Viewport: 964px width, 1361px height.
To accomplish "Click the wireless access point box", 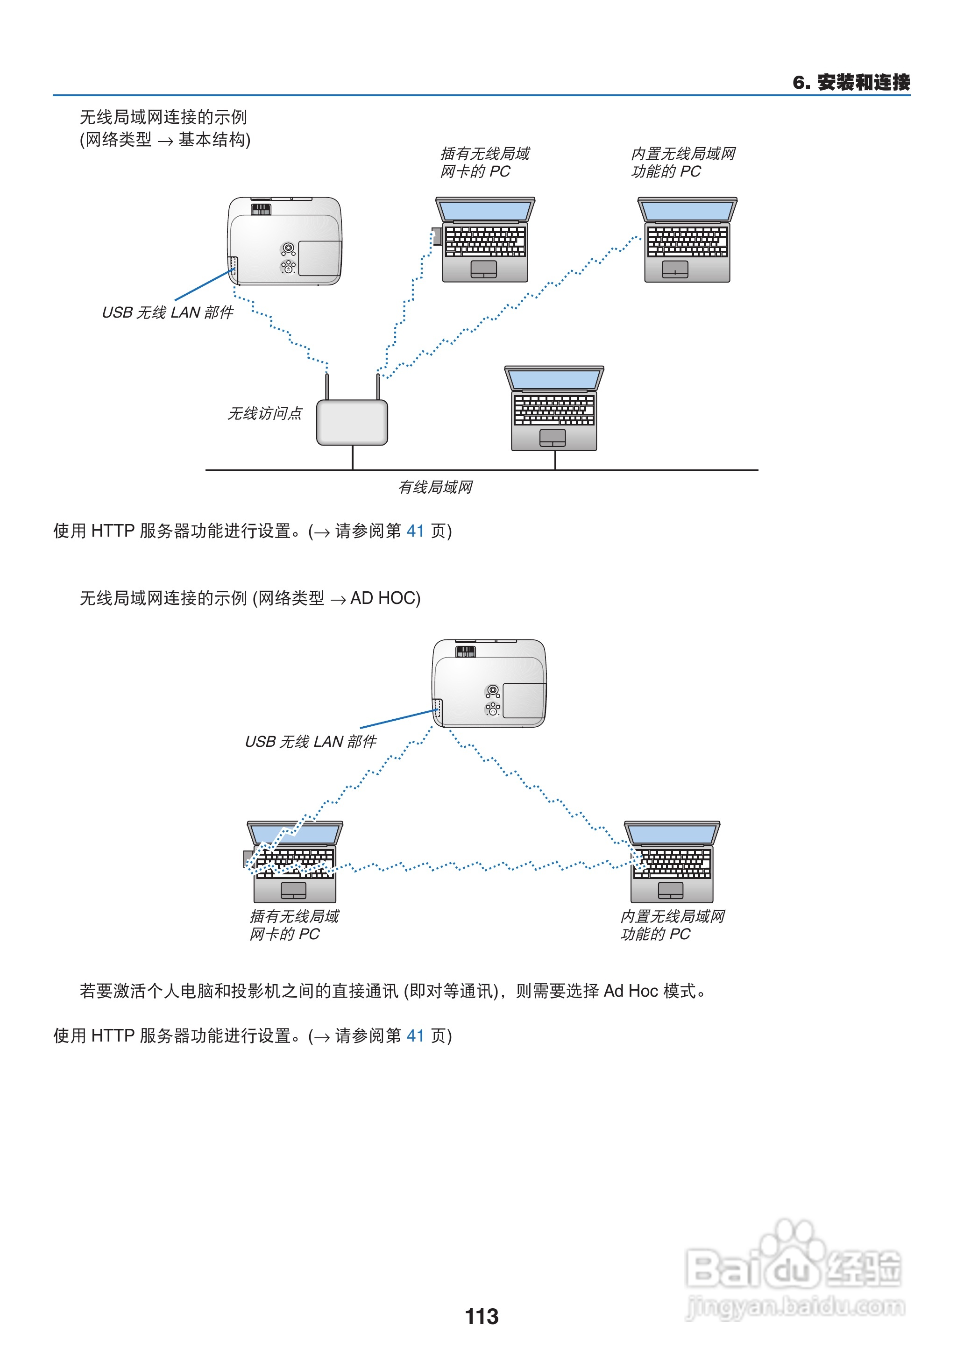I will pos(352,423).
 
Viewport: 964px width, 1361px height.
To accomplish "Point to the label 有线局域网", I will pos(435,487).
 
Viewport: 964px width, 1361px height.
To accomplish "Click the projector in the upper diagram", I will pos(285,241).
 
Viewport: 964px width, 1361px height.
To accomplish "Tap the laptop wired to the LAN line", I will pos(554,409).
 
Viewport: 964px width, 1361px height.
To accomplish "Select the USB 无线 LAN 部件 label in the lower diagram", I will pos(311,741).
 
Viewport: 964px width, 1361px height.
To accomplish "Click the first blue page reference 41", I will pos(415,531).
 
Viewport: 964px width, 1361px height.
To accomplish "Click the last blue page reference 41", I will pos(415,1036).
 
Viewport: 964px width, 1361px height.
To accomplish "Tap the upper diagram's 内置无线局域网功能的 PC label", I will pos(683,163).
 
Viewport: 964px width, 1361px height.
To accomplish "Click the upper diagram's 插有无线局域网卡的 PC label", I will pos(484,163).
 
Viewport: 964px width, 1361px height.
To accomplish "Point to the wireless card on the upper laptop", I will pos(437,236).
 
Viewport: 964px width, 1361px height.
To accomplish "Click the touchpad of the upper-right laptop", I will pos(675,269).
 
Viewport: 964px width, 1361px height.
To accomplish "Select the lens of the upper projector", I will pos(289,248).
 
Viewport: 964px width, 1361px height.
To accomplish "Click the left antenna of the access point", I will pos(327,386).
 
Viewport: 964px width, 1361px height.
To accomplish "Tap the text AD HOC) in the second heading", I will pos(385,598).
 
